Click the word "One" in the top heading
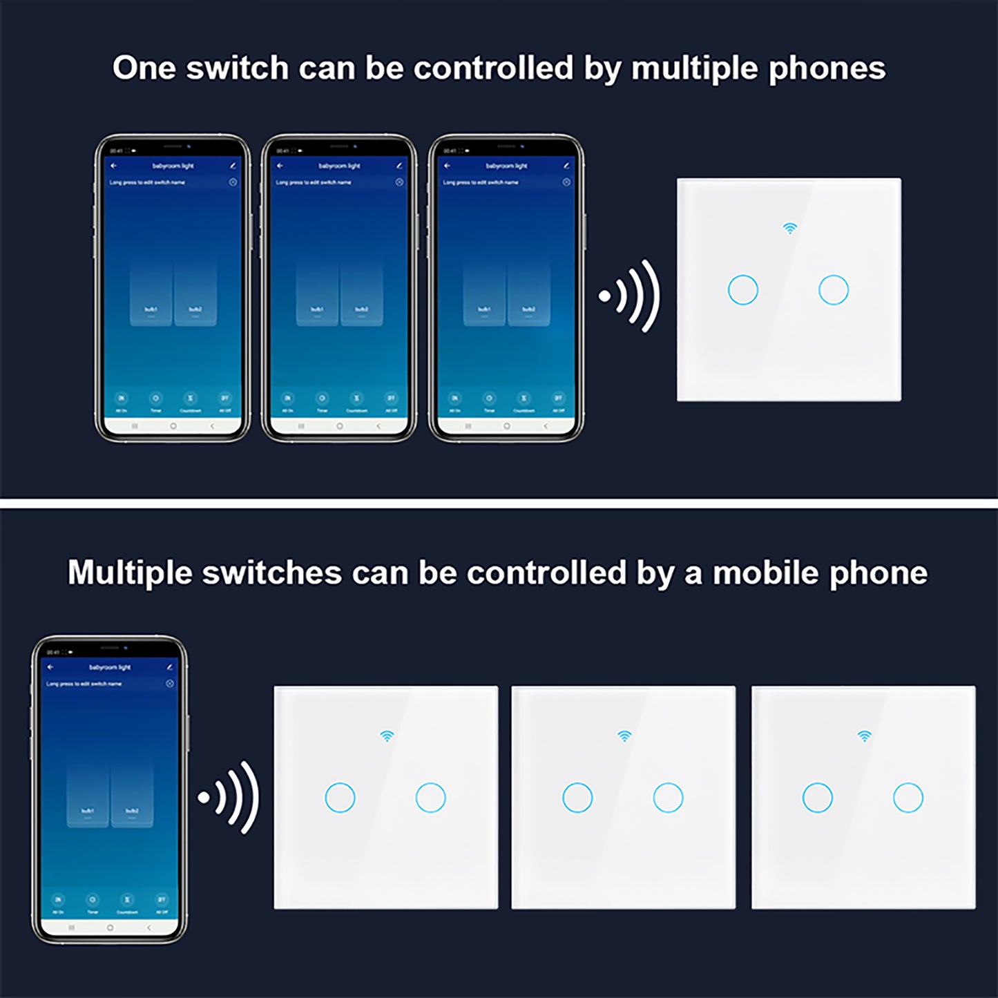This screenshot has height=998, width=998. (143, 68)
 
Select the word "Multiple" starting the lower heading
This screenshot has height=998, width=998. (128, 573)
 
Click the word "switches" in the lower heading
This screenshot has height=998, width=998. (272, 573)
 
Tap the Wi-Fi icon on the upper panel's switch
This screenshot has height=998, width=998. (789, 228)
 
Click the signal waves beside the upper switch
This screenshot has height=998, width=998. (630, 296)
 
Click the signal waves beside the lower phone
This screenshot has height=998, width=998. (229, 798)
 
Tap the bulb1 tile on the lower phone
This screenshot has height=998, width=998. (88, 794)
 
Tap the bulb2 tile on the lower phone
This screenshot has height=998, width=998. (132, 794)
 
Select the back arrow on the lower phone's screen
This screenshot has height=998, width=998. (50, 667)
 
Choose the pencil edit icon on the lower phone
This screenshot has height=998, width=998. (169, 667)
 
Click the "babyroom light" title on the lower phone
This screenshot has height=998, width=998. (110, 667)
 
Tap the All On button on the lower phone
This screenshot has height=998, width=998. (58, 901)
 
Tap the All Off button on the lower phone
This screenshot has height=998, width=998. (162, 901)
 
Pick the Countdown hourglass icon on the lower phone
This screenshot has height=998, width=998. (127, 900)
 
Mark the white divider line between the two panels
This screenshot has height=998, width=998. (499, 503)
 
